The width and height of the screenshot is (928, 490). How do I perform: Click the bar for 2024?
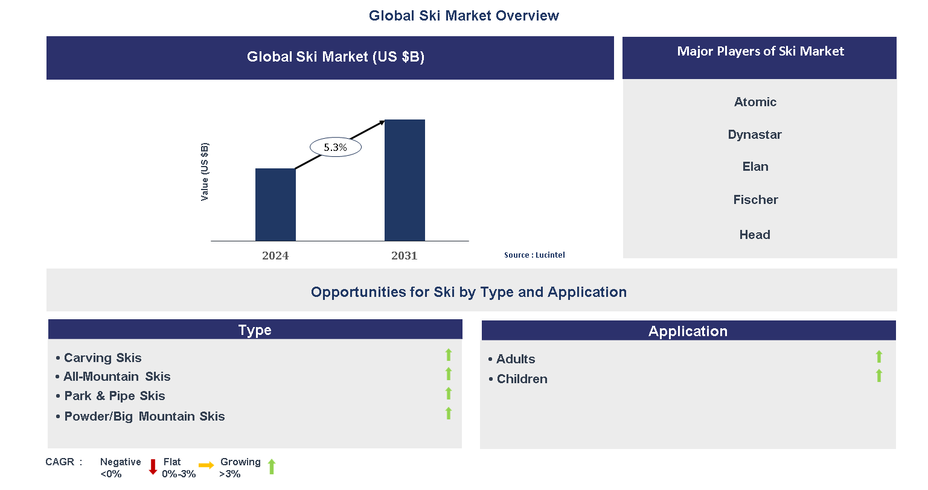pos(275,205)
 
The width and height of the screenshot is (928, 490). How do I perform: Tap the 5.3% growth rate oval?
pos(335,147)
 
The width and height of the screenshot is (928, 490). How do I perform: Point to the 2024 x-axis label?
pos(275,256)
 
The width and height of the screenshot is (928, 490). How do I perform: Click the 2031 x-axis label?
pos(405,256)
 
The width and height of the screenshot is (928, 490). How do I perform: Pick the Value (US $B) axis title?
pos(205,172)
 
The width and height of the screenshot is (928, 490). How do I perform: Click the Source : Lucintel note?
pos(534,255)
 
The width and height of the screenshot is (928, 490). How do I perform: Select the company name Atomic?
pos(755,102)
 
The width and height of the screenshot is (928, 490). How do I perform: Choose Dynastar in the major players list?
pos(755,135)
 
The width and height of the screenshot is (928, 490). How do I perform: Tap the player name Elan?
pos(755,167)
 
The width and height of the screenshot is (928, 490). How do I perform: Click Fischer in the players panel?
pos(755,200)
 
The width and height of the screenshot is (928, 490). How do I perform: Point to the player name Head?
pos(755,235)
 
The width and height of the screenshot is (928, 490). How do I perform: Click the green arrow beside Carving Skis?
pos(449,355)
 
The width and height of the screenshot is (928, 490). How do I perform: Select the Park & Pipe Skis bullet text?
pos(114,396)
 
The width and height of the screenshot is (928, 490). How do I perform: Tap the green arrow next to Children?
pos(879,376)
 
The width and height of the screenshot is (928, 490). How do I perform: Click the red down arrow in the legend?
pos(153,466)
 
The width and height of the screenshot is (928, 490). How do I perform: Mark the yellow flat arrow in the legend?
pos(206,465)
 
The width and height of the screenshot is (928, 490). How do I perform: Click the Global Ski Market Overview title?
pos(464,16)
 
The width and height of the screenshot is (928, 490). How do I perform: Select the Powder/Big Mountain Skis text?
pos(144,416)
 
